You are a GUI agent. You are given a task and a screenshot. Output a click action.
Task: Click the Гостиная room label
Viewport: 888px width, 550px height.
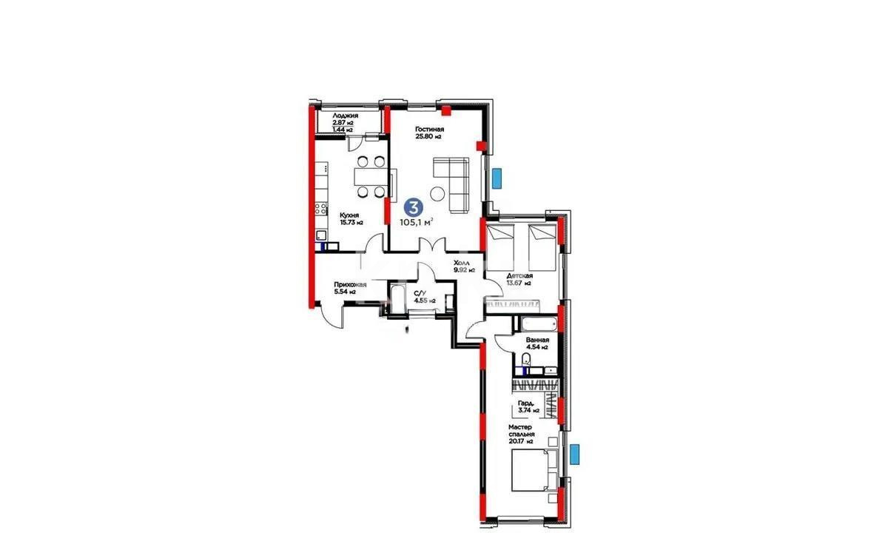pyautogui.click(x=429, y=129)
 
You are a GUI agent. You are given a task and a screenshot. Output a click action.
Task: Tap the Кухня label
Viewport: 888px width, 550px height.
pyautogui.click(x=330, y=215)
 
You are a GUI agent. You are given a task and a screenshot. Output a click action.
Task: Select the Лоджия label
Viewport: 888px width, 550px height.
pyautogui.click(x=346, y=116)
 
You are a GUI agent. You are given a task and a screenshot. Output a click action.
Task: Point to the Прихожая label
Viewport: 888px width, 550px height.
pyautogui.click(x=330, y=284)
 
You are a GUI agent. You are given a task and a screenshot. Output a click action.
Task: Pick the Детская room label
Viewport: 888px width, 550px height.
pyautogui.click(x=519, y=275)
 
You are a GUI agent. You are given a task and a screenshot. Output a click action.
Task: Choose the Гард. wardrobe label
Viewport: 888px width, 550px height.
pyautogui.click(x=526, y=404)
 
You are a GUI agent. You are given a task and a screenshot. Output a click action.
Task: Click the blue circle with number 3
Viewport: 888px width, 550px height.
pyautogui.click(x=417, y=208)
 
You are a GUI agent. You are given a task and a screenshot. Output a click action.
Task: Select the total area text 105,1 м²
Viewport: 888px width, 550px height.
pyautogui.click(x=417, y=221)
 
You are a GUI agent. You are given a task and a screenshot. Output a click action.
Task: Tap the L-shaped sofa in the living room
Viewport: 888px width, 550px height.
pyautogui.click(x=454, y=182)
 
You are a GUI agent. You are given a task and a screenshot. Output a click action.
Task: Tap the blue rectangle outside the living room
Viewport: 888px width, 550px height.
pyautogui.click(x=497, y=178)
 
